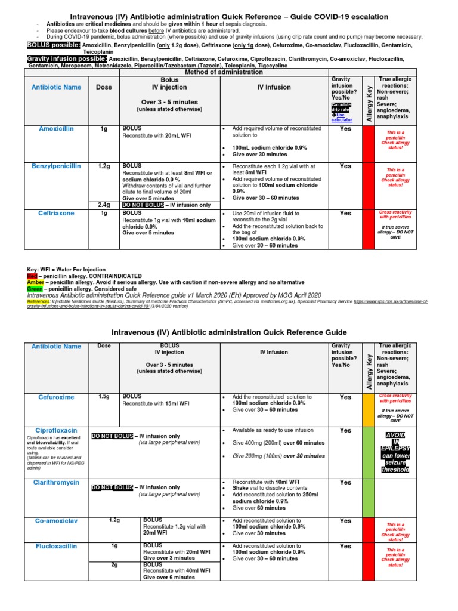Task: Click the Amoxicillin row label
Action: tap(57, 129)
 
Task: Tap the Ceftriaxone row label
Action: tap(56, 212)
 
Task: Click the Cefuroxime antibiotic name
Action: tap(57, 397)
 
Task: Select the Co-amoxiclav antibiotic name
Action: tap(56, 521)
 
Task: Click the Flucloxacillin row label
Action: tap(56, 546)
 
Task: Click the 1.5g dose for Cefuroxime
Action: tap(104, 397)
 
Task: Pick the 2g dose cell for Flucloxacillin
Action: tap(114, 564)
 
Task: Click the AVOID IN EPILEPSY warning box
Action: tap(395, 451)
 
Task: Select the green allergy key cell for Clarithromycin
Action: tap(369, 496)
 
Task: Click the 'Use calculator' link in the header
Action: tap(341, 118)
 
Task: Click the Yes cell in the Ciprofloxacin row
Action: tap(345, 430)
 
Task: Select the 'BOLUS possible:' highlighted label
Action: tap(54, 45)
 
